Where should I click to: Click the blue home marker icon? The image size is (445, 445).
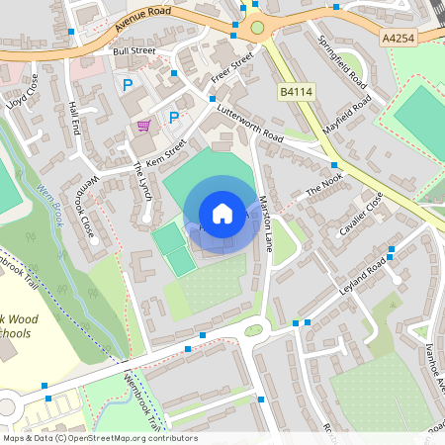pos(222,214)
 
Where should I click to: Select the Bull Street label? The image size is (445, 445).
pos(133,49)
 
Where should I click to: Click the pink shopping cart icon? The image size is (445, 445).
pos(144,126)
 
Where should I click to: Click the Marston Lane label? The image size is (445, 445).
pos(264,222)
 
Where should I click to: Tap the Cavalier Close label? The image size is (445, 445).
pos(360,213)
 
